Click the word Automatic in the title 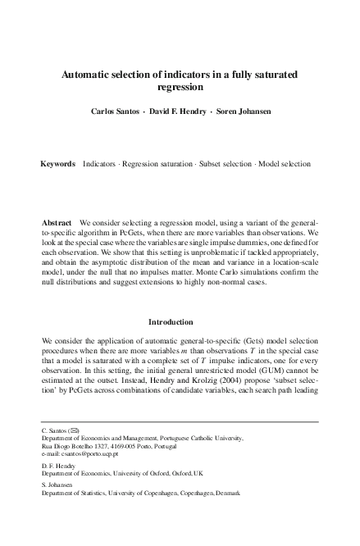pos(89,75)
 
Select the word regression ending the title pos(180,87)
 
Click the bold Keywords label pos(58,164)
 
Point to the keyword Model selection pos(285,164)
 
